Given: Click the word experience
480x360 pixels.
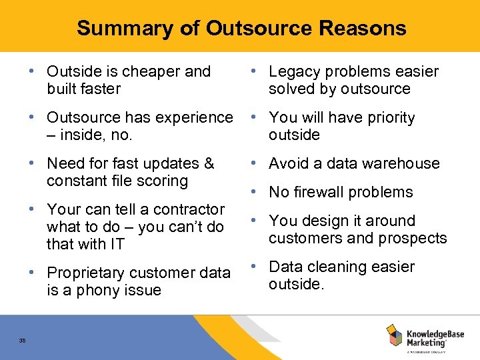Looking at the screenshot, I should point(197,117).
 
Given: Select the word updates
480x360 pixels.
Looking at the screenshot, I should point(175,163).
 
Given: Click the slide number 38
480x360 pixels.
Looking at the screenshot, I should point(22,340).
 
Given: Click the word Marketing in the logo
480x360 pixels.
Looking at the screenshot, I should point(427,342).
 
